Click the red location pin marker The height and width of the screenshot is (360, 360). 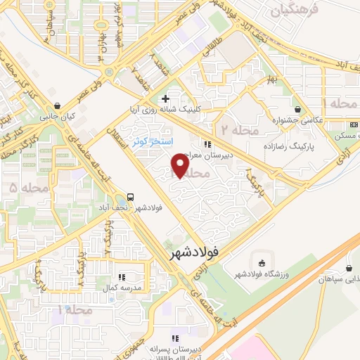180,166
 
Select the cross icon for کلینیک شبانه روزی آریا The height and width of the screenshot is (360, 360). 165,98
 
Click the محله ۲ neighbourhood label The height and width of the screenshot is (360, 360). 240,131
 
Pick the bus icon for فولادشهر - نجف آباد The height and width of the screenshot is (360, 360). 131,198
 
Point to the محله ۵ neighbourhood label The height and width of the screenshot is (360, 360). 24,187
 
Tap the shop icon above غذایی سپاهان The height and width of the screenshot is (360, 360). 349,268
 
